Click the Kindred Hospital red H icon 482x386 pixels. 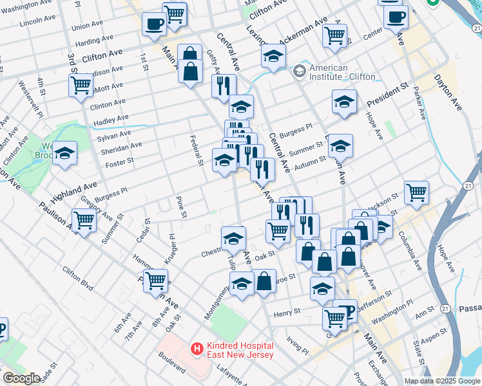pos(197,348)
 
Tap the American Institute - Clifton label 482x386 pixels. pos(342,72)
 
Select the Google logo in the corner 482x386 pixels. pos(21,378)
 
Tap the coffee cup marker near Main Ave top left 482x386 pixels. pos(154,24)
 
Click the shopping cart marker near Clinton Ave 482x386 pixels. pos(81,84)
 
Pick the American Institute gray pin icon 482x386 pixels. pos(300,71)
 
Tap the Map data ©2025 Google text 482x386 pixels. pos(442,381)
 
